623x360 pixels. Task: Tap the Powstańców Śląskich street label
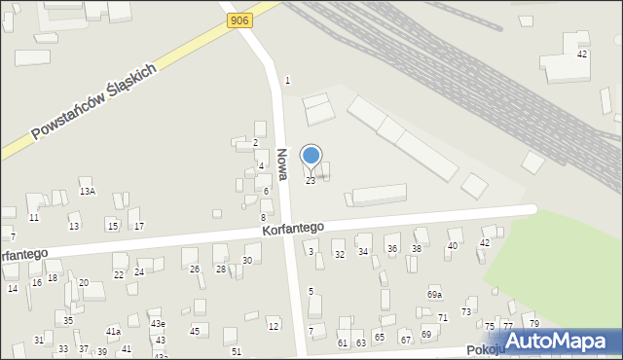point(95,102)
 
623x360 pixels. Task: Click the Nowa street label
point(280,162)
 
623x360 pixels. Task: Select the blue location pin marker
point(311,157)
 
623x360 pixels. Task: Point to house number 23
point(311,181)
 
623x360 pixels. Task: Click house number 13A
point(88,192)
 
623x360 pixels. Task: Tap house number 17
point(139,227)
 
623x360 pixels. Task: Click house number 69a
point(434,294)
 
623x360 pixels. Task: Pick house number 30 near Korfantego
point(247,260)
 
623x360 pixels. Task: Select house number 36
point(392,249)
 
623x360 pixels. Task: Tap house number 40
point(452,246)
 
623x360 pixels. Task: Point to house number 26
point(194,269)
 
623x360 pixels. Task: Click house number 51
point(237,350)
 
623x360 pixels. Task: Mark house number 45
point(195,332)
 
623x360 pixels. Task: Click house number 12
point(274,326)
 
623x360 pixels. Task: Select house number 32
point(340,254)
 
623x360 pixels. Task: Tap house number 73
point(466,311)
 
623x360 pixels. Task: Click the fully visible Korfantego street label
point(292,228)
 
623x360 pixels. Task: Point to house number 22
point(119,274)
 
